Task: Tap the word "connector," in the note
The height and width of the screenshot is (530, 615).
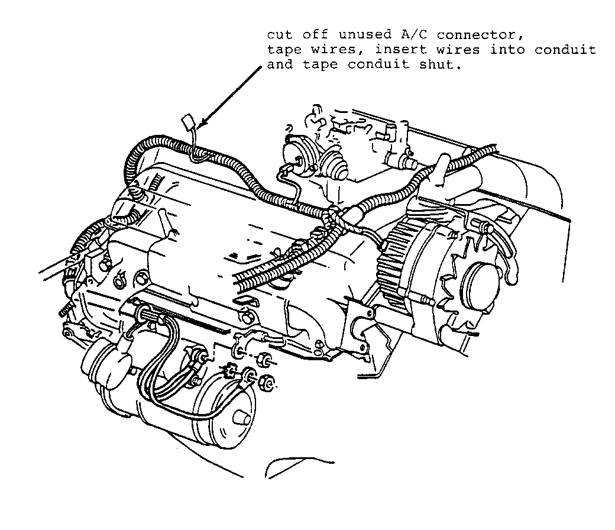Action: point(480,35)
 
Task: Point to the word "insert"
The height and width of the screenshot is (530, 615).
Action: point(400,50)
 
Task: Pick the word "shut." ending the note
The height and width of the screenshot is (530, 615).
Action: point(441,64)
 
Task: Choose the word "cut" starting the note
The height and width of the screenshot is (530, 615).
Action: point(280,35)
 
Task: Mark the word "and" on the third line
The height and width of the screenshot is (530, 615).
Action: point(280,64)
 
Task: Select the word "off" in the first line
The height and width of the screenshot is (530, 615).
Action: point(315,35)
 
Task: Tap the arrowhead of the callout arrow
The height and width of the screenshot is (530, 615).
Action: point(202,124)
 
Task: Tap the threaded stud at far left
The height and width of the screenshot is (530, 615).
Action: point(67,309)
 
